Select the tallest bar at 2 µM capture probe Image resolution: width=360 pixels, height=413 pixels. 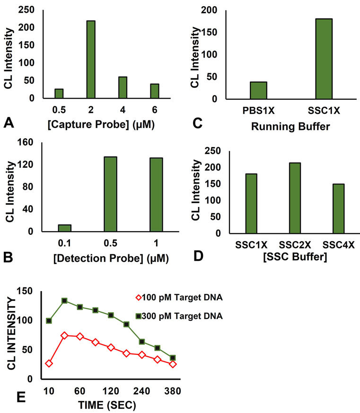click(x=90, y=60)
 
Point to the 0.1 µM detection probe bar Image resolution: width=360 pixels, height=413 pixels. click(x=64, y=228)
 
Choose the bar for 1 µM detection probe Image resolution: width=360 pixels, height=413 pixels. click(x=156, y=195)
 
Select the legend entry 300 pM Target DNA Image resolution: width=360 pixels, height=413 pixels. click(x=180, y=315)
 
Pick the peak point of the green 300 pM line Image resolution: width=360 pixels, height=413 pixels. click(x=64, y=301)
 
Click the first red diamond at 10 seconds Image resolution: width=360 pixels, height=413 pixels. click(x=49, y=363)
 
